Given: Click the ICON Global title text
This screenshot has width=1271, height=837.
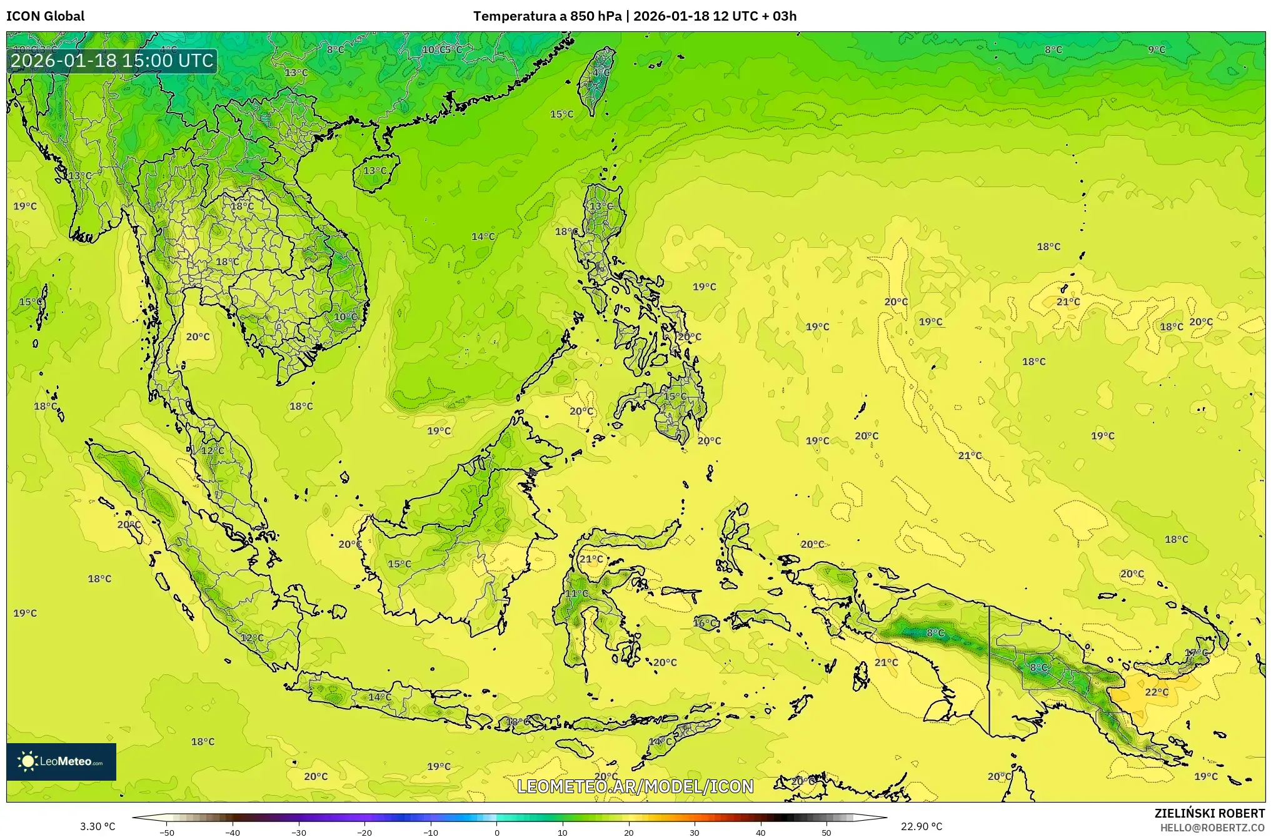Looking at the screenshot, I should click(x=45, y=16).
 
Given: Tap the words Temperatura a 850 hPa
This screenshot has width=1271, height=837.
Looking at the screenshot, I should click(x=547, y=16).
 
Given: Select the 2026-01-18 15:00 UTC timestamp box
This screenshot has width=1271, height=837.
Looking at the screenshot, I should click(x=112, y=61).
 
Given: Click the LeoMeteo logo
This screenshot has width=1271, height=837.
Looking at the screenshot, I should click(x=61, y=761).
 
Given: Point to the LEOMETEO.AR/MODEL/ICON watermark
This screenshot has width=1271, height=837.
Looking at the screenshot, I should click(x=635, y=786).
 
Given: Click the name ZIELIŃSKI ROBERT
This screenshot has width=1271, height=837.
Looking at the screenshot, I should click(x=1209, y=813).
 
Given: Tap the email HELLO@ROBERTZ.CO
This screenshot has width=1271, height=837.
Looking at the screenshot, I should click(x=1212, y=828).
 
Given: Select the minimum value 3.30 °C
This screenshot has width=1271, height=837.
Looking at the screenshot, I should click(x=98, y=826).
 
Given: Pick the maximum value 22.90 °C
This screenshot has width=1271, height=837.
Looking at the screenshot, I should click(x=921, y=826).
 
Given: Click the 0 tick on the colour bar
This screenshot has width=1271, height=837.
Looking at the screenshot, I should click(x=497, y=832).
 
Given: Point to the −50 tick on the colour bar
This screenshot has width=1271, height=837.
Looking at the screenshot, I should click(x=167, y=832).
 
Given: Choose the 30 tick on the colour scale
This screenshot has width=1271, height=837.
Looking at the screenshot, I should click(x=695, y=832).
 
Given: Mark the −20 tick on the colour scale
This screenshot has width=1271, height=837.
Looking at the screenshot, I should click(x=364, y=832).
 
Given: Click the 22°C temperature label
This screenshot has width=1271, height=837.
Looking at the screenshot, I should click(x=1157, y=692).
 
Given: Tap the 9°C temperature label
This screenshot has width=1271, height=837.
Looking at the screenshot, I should click(x=1157, y=49).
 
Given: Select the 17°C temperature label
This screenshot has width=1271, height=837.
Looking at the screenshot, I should click(x=1197, y=653).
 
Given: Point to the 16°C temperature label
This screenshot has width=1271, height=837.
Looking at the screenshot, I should click(x=705, y=623).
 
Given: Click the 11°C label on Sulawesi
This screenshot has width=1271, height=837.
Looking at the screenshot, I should click(x=576, y=593).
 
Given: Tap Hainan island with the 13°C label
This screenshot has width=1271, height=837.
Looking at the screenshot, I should click(x=375, y=171).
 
